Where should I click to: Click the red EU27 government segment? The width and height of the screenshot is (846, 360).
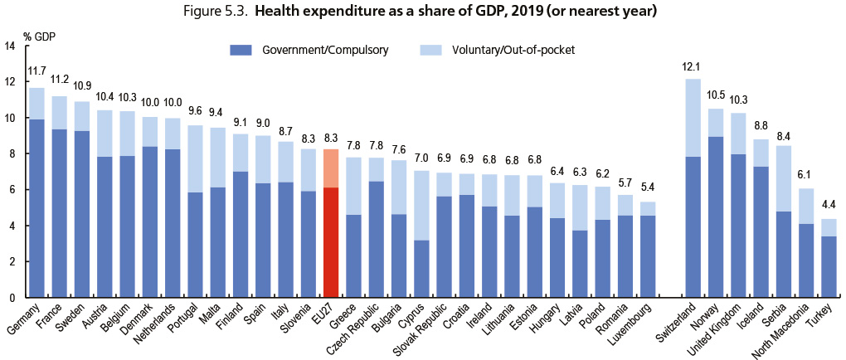[x=328, y=242]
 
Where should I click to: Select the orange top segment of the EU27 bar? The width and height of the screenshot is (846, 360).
[x=328, y=168]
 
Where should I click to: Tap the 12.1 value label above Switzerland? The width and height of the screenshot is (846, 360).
[x=692, y=67]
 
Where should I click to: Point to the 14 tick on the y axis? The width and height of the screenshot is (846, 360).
[x=10, y=46]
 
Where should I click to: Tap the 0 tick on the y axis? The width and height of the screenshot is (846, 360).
[x=12, y=297]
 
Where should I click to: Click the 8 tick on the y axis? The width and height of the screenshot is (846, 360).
[x=12, y=154]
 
